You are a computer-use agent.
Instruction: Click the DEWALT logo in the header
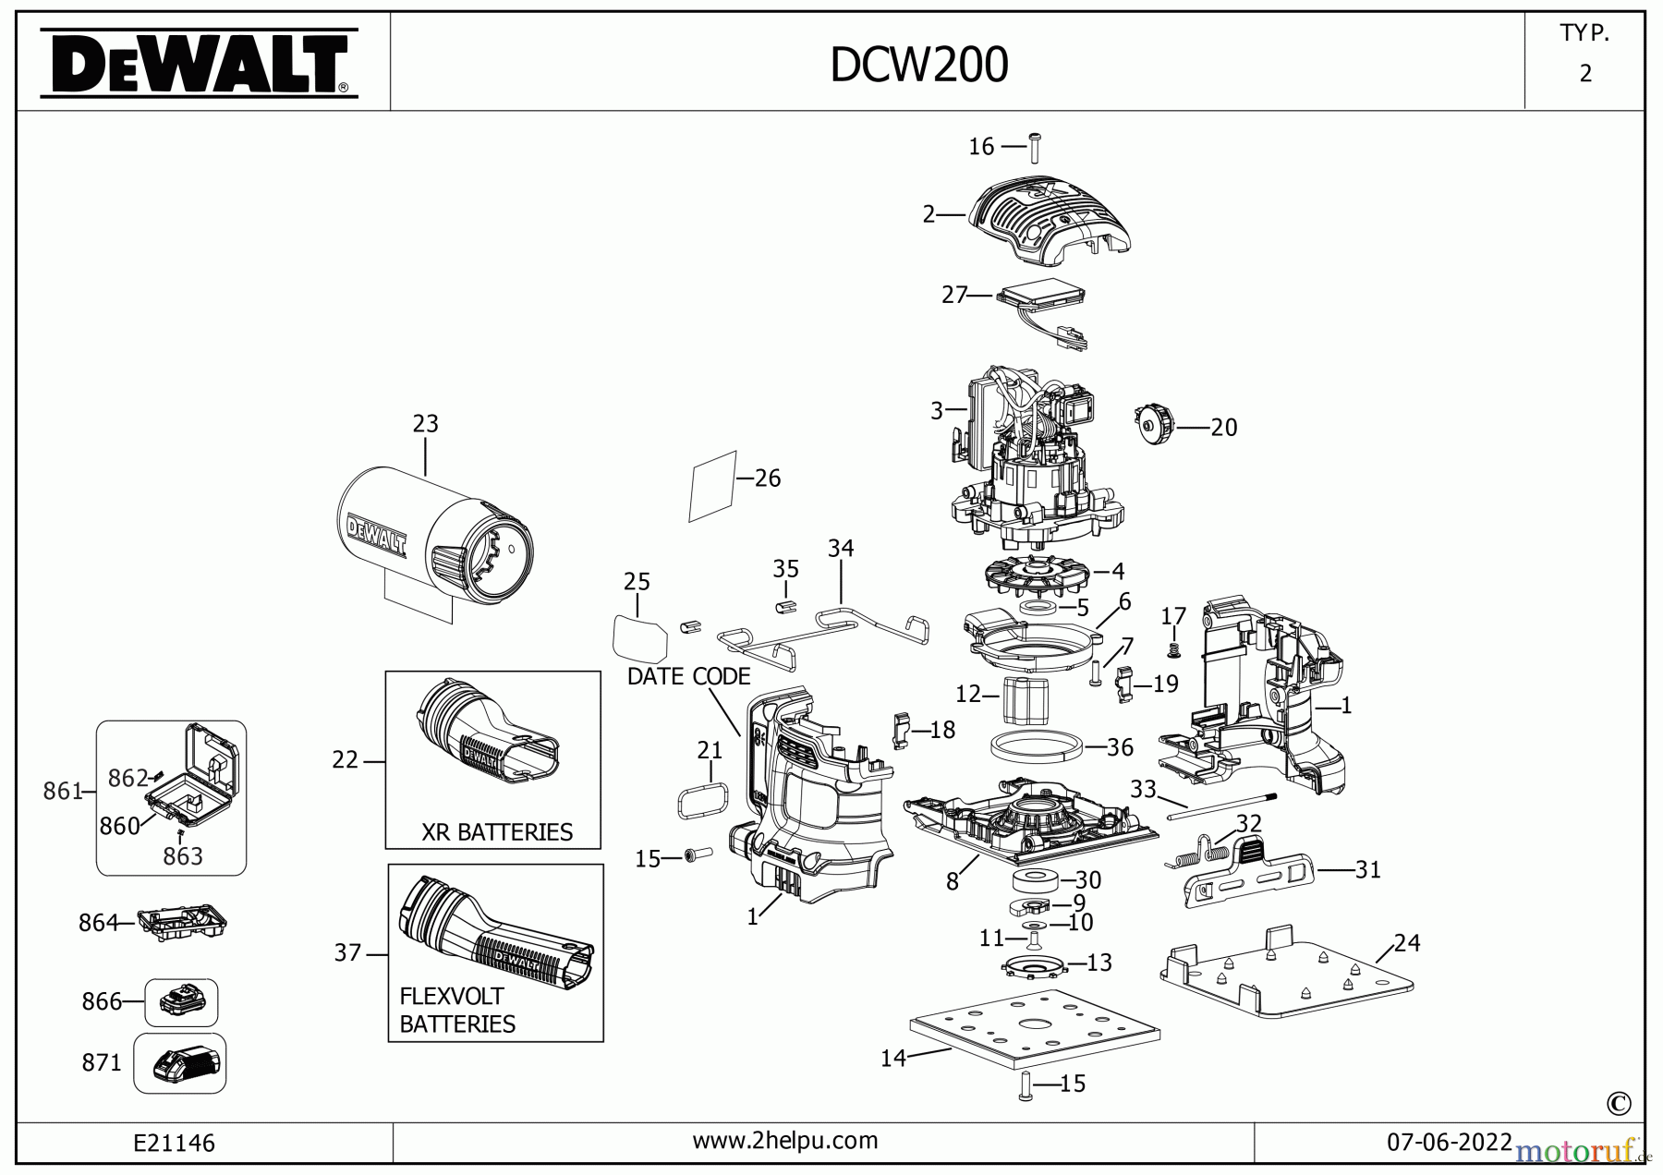[199, 63]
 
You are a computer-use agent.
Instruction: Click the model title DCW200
[918, 66]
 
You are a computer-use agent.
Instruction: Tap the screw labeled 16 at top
[1035, 148]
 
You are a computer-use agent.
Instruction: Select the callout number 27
[953, 295]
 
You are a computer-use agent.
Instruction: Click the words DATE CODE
[688, 676]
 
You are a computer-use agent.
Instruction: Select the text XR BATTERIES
[497, 831]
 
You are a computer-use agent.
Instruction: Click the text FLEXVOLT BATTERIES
[457, 1010]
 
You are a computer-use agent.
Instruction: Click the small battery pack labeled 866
[182, 1001]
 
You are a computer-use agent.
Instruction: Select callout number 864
[97, 922]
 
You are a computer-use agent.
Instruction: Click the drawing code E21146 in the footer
[175, 1143]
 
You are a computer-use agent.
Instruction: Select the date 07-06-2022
[1449, 1142]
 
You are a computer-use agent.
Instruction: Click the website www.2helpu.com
[785, 1141]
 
